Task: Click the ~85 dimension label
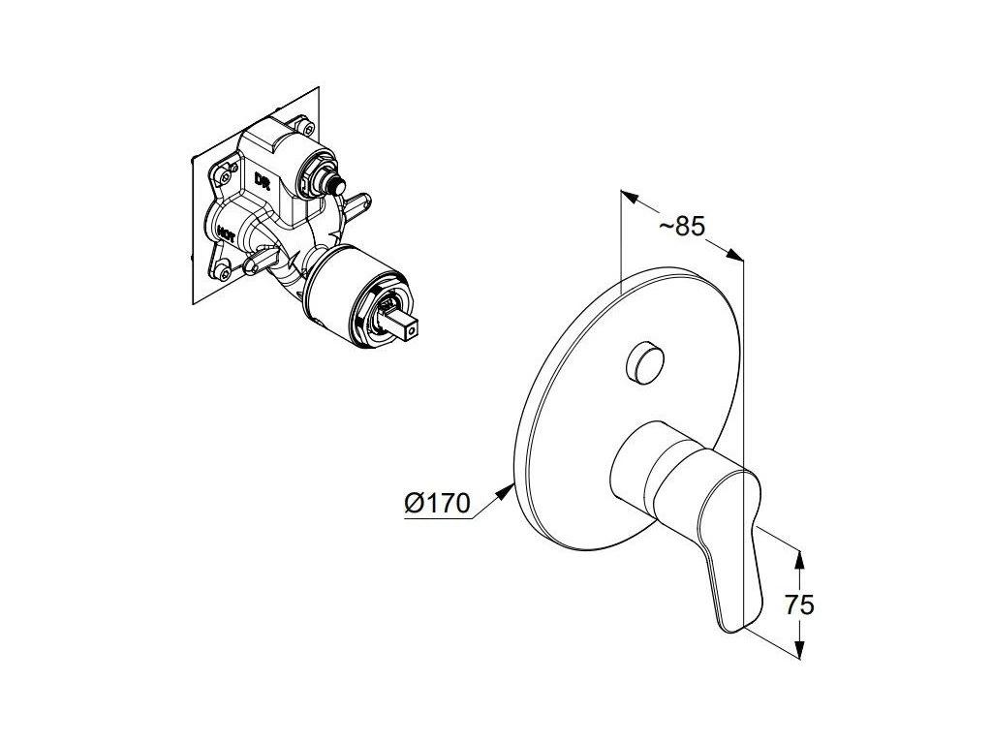pos(681,227)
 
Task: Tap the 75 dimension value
pos(799,605)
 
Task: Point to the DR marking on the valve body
pos(261,180)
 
